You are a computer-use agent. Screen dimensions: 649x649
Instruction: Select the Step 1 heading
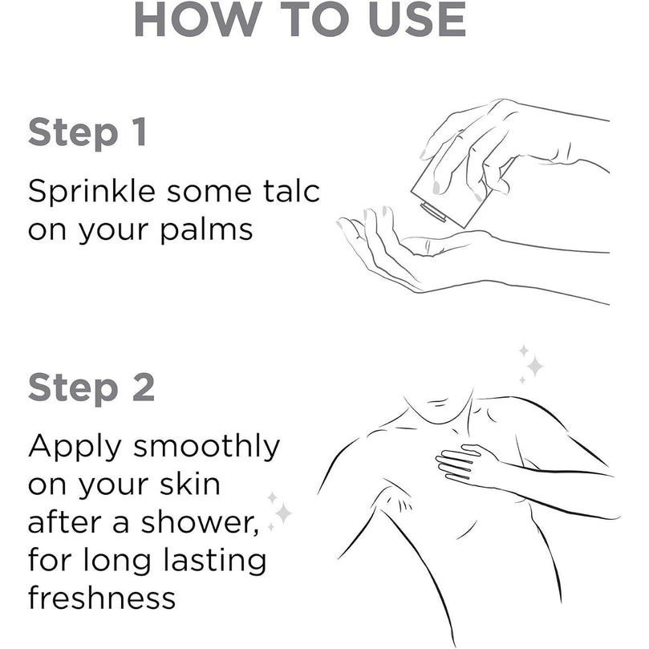(x=87, y=133)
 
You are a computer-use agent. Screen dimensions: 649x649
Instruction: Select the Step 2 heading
(x=91, y=387)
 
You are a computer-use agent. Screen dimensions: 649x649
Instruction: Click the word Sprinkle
(x=92, y=192)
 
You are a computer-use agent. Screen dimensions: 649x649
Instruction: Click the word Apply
(x=75, y=448)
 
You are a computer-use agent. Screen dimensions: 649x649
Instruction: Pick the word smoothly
(x=206, y=447)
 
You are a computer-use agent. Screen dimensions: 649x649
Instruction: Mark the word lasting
(x=215, y=561)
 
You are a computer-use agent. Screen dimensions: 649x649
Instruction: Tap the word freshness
(x=102, y=597)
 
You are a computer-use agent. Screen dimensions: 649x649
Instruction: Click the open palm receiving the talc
(x=397, y=253)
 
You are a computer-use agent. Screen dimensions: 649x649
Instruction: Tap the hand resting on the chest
(x=468, y=465)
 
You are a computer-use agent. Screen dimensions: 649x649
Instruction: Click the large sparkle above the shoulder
(x=535, y=366)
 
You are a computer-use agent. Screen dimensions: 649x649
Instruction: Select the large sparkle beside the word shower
(x=283, y=513)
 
